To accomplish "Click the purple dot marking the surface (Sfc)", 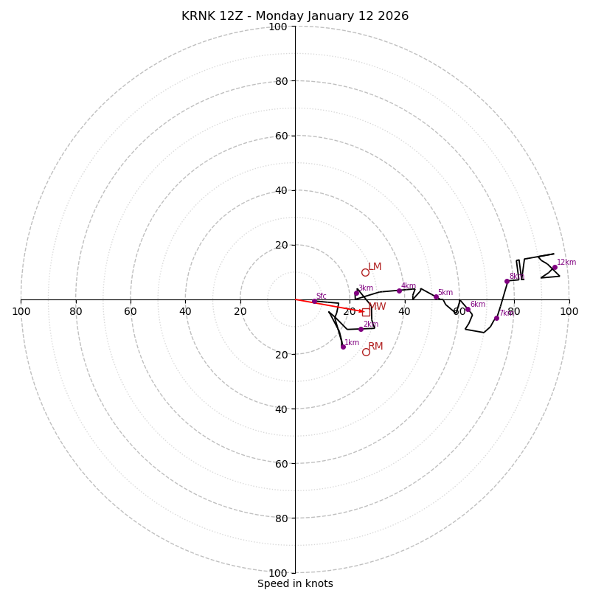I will tap(313, 301).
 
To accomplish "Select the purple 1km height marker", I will tap(343, 346).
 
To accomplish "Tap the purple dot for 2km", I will tap(361, 329).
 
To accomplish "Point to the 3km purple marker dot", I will tap(356, 293).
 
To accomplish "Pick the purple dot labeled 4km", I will tap(399, 291).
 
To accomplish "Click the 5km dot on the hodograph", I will tap(436, 297).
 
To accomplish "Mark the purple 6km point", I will tap(468, 309).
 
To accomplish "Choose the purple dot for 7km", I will tap(496, 318).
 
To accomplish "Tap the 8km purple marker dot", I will tap(507, 281).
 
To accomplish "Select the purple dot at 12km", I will tap(555, 268).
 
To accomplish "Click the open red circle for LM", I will tap(365, 272).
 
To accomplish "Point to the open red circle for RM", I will tap(366, 352).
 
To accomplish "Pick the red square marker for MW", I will tap(366, 312).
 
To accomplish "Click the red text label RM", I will tap(375, 347).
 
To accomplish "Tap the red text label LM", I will tap(375, 267).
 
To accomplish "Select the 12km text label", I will tap(566, 263).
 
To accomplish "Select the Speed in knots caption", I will tap(295, 583).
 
